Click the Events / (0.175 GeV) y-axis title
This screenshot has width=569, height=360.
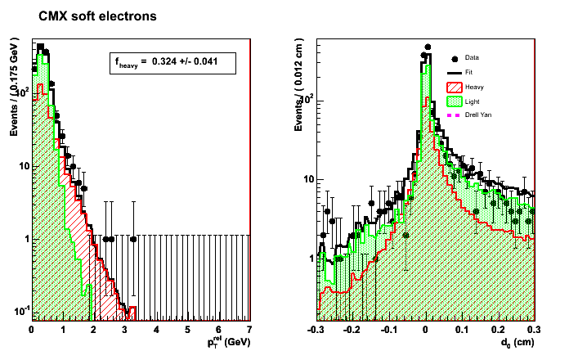[14, 90]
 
